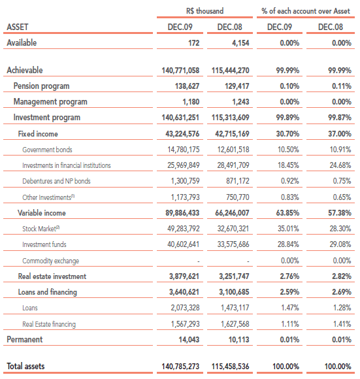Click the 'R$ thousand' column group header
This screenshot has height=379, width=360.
(x=205, y=11)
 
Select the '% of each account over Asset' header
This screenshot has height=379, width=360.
(x=306, y=11)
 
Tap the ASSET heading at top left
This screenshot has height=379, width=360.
(x=18, y=27)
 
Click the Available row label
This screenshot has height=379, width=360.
(x=22, y=42)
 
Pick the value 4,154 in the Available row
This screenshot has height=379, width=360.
(x=240, y=43)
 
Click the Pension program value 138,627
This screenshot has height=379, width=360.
(x=187, y=86)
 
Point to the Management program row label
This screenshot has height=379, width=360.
(x=50, y=102)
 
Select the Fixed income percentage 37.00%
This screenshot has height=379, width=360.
(x=340, y=134)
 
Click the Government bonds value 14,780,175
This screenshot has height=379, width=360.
(x=184, y=150)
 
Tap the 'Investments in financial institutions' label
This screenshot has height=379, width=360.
(x=67, y=165)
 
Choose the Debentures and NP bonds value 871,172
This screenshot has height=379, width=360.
(x=238, y=181)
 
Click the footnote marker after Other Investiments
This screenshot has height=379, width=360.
(x=73, y=196)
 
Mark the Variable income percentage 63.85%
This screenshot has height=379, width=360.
(x=287, y=213)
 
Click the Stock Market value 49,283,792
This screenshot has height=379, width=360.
(x=184, y=229)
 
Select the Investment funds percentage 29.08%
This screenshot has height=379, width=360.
(x=340, y=244)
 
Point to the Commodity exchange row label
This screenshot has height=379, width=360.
(x=51, y=261)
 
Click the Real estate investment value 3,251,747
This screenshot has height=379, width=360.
(x=234, y=276)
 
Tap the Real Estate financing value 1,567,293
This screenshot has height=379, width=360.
(x=186, y=324)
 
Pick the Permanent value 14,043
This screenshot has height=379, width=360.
(x=189, y=340)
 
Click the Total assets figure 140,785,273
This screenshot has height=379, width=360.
(x=180, y=367)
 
